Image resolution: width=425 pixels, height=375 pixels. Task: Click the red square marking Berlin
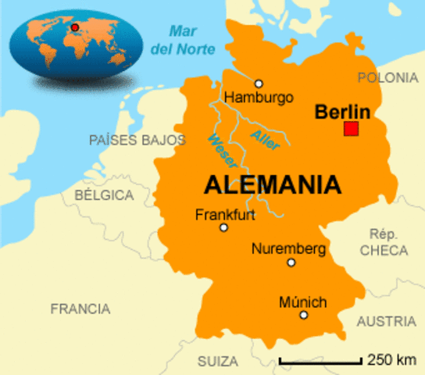(351, 129)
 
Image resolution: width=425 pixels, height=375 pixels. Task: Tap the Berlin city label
(341, 111)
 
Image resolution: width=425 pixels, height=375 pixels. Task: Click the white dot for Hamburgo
(259, 84)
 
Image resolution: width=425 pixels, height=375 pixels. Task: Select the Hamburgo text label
(259, 98)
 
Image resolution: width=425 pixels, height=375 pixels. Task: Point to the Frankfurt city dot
(223, 227)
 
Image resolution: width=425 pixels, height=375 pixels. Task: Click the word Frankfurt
(225, 213)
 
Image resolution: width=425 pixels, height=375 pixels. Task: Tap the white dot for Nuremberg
(291, 262)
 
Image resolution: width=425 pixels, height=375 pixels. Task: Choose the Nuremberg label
(288, 248)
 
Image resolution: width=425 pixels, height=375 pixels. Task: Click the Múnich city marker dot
(304, 315)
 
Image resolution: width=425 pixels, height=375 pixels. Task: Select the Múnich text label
(302, 302)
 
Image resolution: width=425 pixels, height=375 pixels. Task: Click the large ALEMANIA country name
(273, 184)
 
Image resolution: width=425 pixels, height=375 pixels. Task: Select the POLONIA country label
(387, 77)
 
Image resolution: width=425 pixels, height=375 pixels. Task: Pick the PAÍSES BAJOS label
(137, 140)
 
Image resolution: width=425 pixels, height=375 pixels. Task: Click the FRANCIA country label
(80, 309)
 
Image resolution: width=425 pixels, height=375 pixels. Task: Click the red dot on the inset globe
(75, 27)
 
